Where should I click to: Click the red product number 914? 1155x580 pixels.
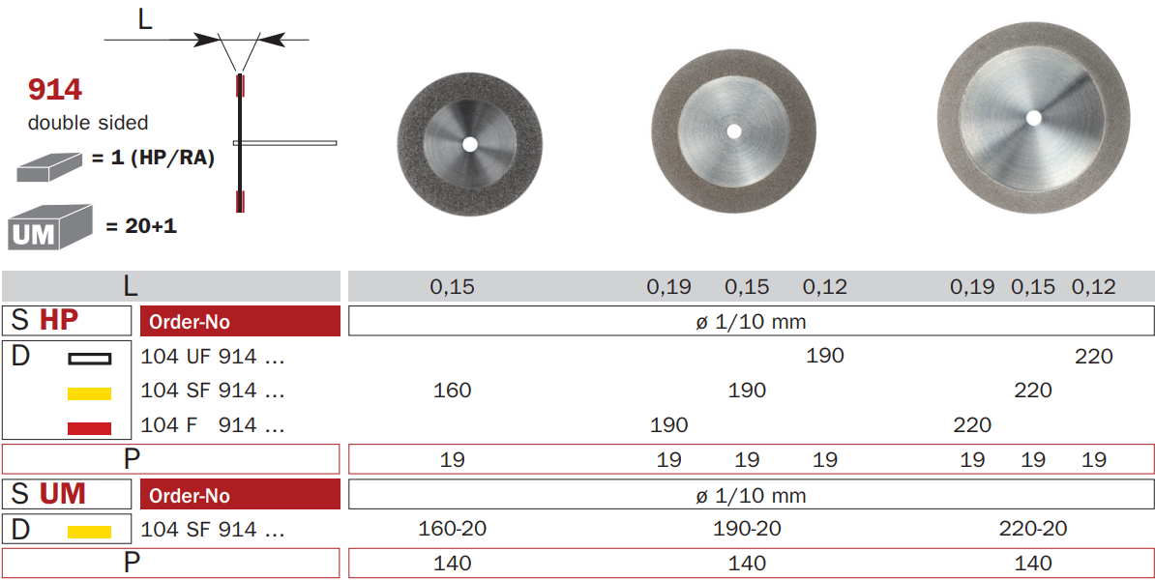(x=55, y=90)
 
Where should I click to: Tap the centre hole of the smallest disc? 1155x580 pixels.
(x=469, y=144)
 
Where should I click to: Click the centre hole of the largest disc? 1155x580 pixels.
(x=1033, y=117)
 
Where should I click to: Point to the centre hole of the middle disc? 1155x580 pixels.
(x=733, y=131)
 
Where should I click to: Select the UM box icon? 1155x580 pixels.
(x=50, y=227)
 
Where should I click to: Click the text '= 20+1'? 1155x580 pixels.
(x=141, y=226)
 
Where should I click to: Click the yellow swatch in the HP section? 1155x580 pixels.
(x=89, y=393)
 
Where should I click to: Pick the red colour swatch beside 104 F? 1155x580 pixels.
(x=89, y=427)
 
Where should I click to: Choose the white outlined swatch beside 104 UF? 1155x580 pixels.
(x=89, y=359)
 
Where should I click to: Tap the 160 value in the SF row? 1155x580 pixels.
(x=453, y=391)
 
